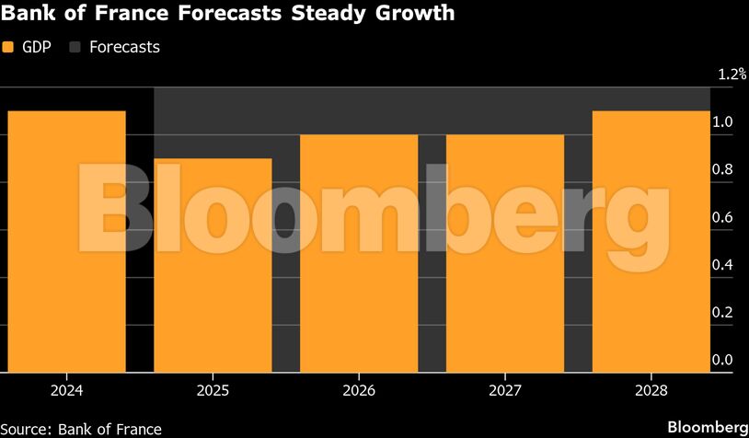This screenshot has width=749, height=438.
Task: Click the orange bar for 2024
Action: pos(66,241)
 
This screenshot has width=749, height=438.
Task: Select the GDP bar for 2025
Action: pos(213,265)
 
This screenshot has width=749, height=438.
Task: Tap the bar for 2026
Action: pos(359,253)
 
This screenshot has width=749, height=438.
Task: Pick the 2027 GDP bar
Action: pos(505,253)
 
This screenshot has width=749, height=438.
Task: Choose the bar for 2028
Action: pos(651,241)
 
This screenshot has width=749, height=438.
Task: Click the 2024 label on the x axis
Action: pos(66,390)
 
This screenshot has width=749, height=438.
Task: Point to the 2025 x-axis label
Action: pos(213,390)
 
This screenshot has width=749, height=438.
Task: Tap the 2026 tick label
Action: pos(359,390)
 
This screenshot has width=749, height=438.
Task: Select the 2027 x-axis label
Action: pos(505,390)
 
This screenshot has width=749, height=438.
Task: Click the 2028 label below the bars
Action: pos(651,390)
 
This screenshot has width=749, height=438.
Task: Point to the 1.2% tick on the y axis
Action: pos(732,75)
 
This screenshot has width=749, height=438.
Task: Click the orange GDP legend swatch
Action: pos(8,47)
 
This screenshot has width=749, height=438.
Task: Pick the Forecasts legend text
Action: pos(124,47)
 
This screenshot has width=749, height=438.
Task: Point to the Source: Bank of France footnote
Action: pos(81,429)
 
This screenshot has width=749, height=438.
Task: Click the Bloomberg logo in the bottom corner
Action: pos(707,428)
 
